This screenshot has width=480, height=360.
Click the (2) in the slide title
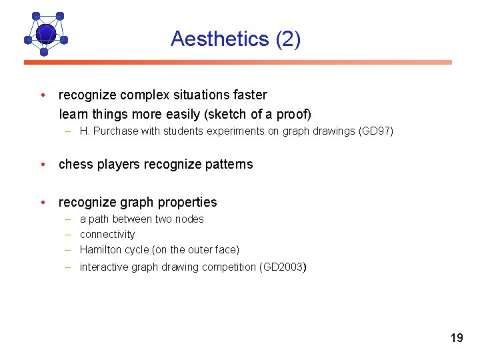pyautogui.click(x=288, y=39)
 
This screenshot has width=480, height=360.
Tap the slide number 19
pyautogui.click(x=456, y=338)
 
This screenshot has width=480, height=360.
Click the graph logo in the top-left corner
pyautogui.click(x=45, y=33)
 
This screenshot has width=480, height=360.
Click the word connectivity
pyautogui.click(x=107, y=235)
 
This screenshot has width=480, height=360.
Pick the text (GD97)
pyautogui.click(x=376, y=131)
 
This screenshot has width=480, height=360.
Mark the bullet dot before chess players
pyautogui.click(x=43, y=164)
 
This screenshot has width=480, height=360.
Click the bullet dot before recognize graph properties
pyautogui.click(x=43, y=202)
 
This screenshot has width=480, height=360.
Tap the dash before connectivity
pyautogui.click(x=68, y=235)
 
